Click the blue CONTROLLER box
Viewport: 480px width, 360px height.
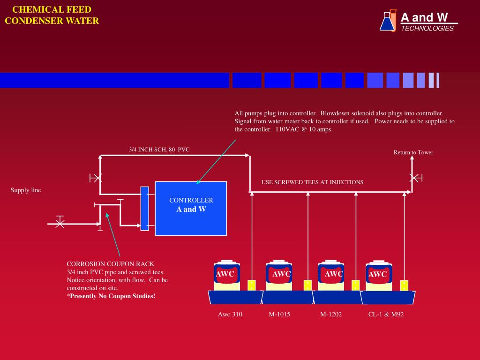tap(191, 208)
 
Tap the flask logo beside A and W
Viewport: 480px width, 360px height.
tap(388, 21)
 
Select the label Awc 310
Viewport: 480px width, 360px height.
tap(230, 314)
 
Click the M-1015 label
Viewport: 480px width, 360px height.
tap(279, 314)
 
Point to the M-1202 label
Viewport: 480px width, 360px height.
tap(331, 314)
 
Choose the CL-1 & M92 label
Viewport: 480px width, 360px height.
tap(386, 314)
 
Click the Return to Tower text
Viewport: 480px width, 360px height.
tap(413, 152)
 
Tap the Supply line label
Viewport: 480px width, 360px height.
tap(26, 190)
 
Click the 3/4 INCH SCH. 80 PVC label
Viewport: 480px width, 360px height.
tap(159, 150)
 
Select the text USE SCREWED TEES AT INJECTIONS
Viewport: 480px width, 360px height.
tap(312, 182)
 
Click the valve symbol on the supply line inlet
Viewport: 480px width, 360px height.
tap(60, 224)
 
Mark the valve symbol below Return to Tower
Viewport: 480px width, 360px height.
tap(414, 178)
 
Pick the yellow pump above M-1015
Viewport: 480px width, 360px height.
tap(307, 285)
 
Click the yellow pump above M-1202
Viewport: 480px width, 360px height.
tap(355, 285)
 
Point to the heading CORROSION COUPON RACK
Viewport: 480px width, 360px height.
tap(110, 264)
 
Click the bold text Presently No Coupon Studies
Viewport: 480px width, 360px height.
tap(111, 296)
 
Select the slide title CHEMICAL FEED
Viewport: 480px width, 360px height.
tap(52, 9)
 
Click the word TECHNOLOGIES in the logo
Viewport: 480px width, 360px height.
tap(427, 28)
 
